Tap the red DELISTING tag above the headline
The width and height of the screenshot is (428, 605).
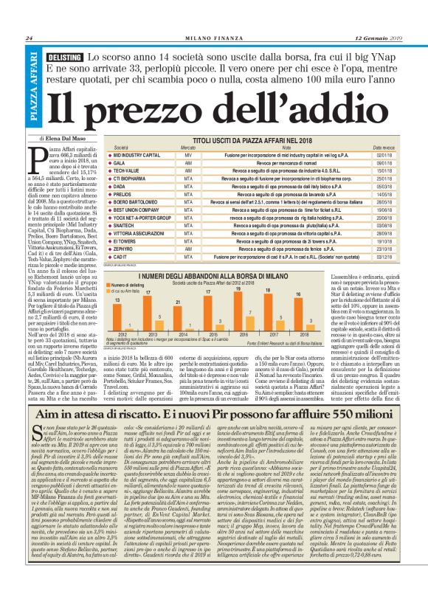pyautogui.click(x=63, y=58)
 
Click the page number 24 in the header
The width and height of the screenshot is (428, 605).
pyautogui.click(x=29, y=38)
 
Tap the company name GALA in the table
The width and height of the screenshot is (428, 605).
pyautogui.click(x=117, y=162)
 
